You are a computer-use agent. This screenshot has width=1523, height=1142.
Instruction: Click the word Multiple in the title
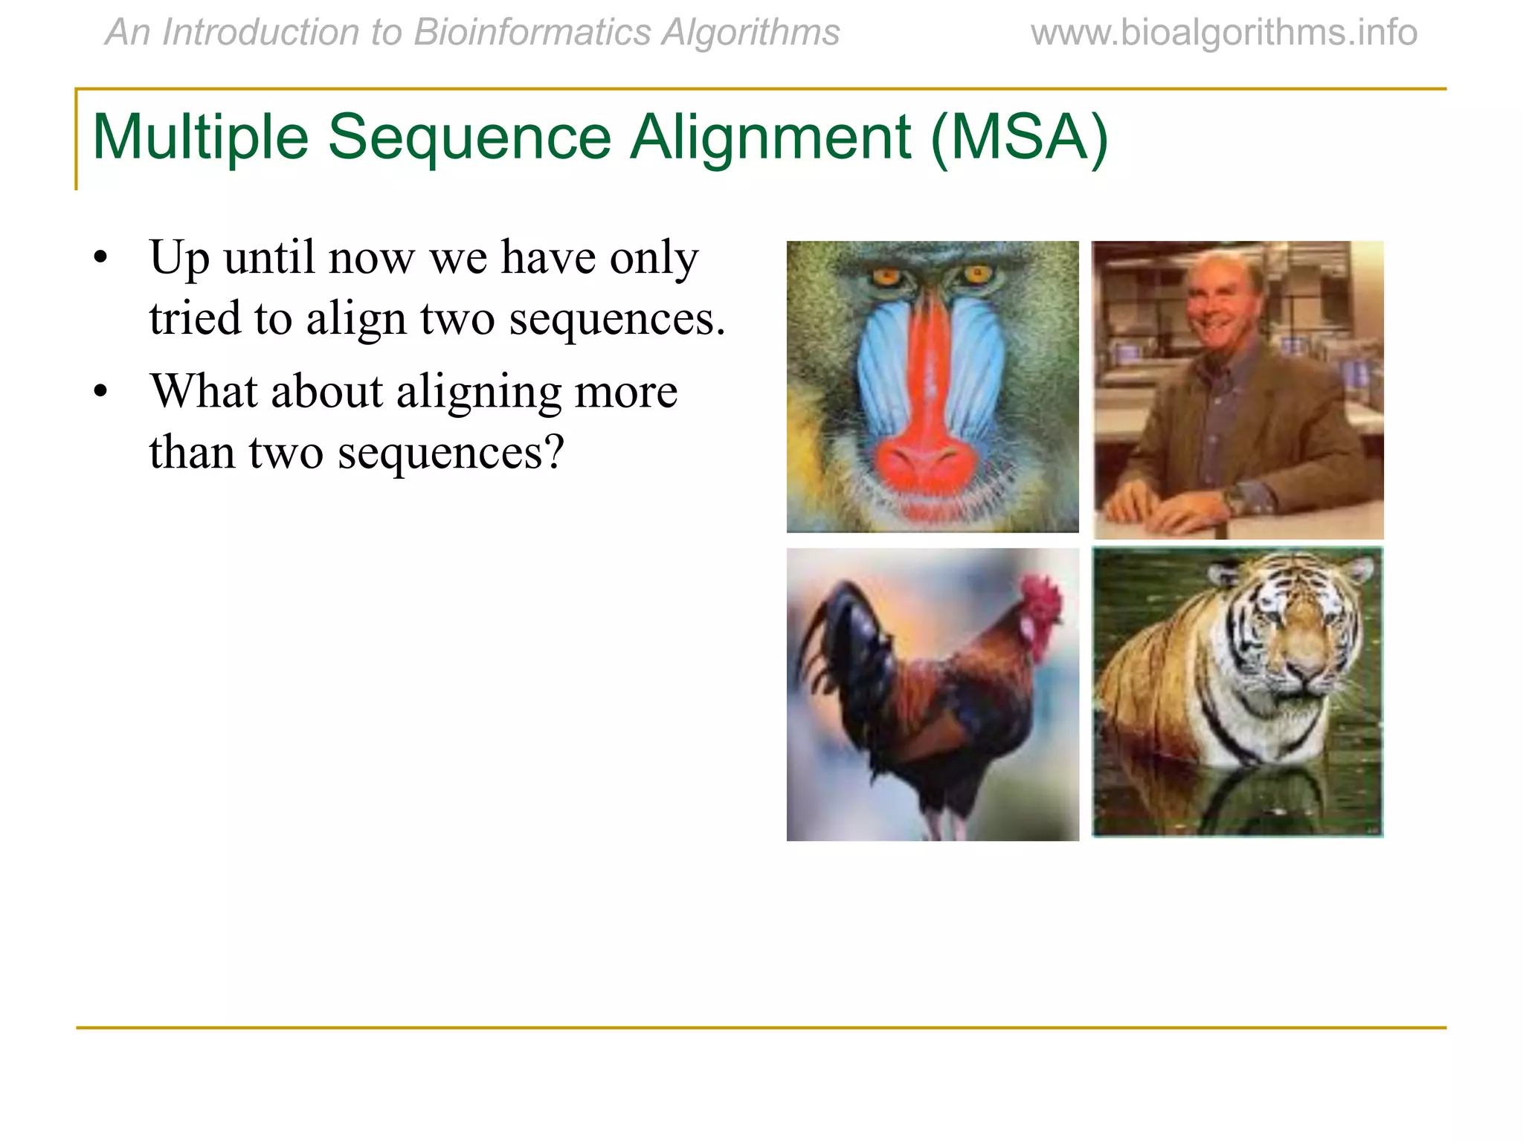pos(199,138)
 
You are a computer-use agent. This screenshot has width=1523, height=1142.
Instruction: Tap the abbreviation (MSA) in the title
pos(1019,138)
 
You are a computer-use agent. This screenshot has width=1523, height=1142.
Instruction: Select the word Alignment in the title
pos(770,138)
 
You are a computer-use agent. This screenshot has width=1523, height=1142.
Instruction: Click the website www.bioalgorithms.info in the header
pos(1223,33)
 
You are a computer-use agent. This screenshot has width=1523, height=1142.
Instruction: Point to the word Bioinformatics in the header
pos(532,33)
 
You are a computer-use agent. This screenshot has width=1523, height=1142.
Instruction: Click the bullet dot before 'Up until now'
pos(101,259)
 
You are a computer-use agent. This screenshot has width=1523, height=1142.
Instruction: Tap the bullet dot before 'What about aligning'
pos(101,393)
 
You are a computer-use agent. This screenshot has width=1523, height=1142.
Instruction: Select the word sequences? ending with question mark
pos(451,452)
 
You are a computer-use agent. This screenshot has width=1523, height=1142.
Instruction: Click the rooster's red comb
pos(1040,599)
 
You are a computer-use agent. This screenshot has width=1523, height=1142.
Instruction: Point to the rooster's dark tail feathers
pos(840,639)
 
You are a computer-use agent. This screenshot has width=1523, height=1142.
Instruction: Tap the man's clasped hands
pos(1160,506)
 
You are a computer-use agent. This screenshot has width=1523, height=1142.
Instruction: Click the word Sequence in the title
pos(469,138)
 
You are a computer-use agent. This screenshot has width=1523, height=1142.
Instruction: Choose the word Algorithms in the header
pos(750,33)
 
